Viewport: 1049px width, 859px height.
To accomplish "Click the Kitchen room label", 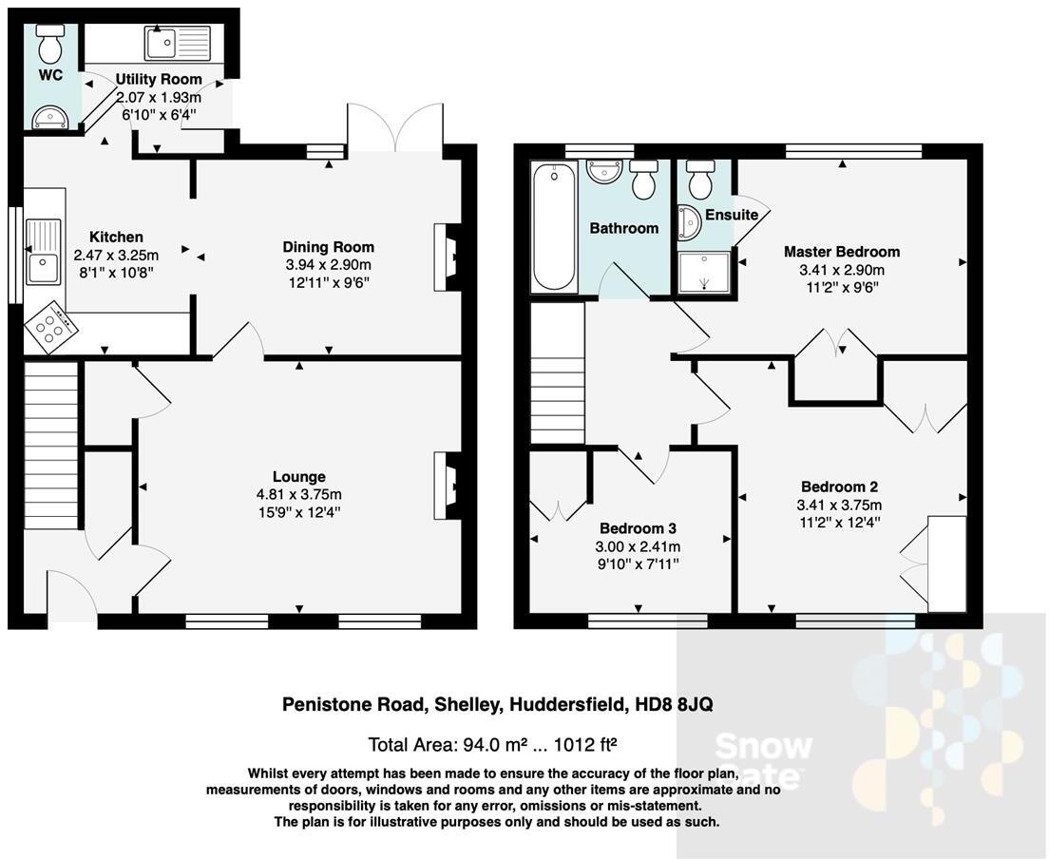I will (116, 237).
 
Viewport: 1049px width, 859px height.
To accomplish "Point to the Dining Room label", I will (329, 247).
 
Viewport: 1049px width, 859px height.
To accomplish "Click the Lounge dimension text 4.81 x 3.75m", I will (299, 494).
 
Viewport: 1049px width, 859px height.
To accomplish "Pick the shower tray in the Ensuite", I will (705, 274).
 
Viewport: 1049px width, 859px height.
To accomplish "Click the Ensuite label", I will (732, 215).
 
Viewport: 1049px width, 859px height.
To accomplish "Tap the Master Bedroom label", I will (841, 252).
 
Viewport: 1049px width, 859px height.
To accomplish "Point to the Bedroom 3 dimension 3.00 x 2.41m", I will (638, 546).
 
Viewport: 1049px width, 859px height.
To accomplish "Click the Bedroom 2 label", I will (832, 487).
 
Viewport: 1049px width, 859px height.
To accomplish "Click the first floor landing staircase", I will (557, 372).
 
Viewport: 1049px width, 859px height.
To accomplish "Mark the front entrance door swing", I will (72, 593).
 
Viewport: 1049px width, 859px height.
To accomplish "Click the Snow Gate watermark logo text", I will (763, 761).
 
